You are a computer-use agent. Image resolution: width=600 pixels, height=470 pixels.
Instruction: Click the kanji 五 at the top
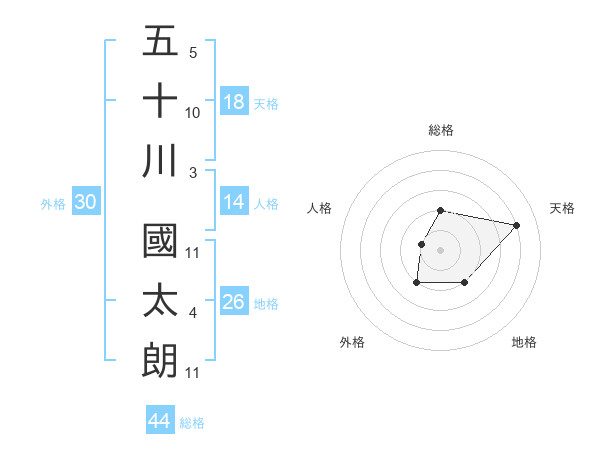160,42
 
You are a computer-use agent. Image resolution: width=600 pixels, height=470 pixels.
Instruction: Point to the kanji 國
160,243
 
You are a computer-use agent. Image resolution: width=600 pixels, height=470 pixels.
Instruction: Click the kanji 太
160,302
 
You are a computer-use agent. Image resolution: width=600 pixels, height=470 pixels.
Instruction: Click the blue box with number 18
234,102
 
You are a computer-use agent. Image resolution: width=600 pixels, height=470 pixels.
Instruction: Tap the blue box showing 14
234,203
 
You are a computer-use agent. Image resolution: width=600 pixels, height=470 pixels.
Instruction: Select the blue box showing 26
234,303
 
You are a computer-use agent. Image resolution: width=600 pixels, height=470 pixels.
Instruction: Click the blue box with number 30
86,203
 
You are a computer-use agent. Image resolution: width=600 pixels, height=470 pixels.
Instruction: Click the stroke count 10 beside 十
193,112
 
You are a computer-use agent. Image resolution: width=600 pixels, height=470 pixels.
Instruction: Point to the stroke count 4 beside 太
193,314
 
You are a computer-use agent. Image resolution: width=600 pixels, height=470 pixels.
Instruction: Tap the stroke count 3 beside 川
193,172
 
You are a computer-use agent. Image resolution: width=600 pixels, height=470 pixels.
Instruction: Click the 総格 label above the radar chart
441,130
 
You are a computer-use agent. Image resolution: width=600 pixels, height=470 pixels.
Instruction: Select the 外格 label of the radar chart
352,342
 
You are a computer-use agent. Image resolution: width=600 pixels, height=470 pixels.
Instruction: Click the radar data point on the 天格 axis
516,226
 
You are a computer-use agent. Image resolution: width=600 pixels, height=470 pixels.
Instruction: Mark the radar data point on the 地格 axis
465,284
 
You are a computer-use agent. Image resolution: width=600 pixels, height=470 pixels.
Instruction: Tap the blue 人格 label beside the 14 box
266,204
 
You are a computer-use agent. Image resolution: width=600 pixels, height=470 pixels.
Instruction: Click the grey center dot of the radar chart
441,250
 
